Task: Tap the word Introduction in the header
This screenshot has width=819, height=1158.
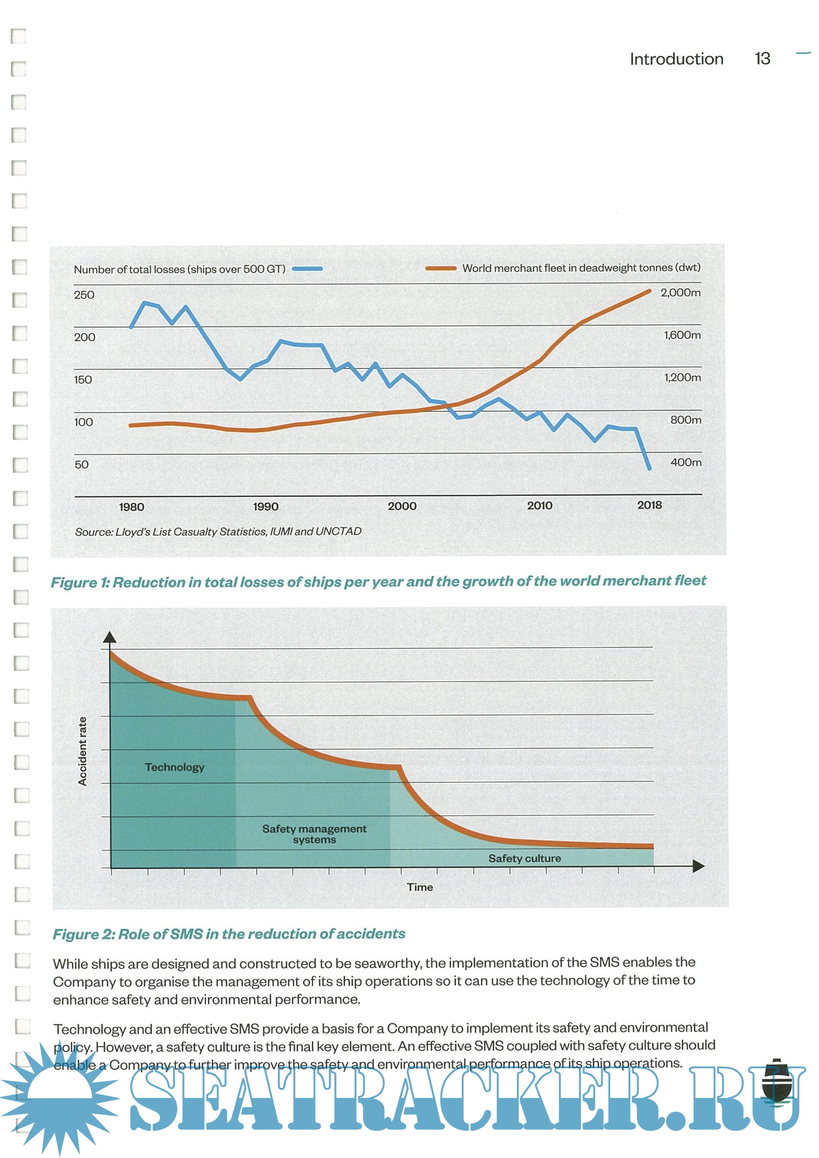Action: tap(676, 59)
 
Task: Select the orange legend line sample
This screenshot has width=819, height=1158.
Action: tap(441, 268)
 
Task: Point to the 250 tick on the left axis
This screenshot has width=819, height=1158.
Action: tap(84, 295)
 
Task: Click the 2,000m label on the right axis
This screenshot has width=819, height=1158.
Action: tap(680, 293)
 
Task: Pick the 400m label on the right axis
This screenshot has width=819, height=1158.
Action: tap(685, 462)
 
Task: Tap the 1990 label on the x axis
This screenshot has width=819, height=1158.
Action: tap(265, 506)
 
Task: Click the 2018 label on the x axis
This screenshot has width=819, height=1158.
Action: tap(649, 505)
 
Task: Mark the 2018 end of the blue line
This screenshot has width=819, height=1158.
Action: tap(649, 468)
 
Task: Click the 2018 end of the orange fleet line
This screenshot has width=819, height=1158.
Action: tap(649, 291)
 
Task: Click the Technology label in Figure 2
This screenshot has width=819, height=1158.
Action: tap(175, 767)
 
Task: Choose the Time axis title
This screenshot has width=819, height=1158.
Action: tap(420, 887)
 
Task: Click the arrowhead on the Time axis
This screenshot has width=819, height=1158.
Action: tap(699, 866)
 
